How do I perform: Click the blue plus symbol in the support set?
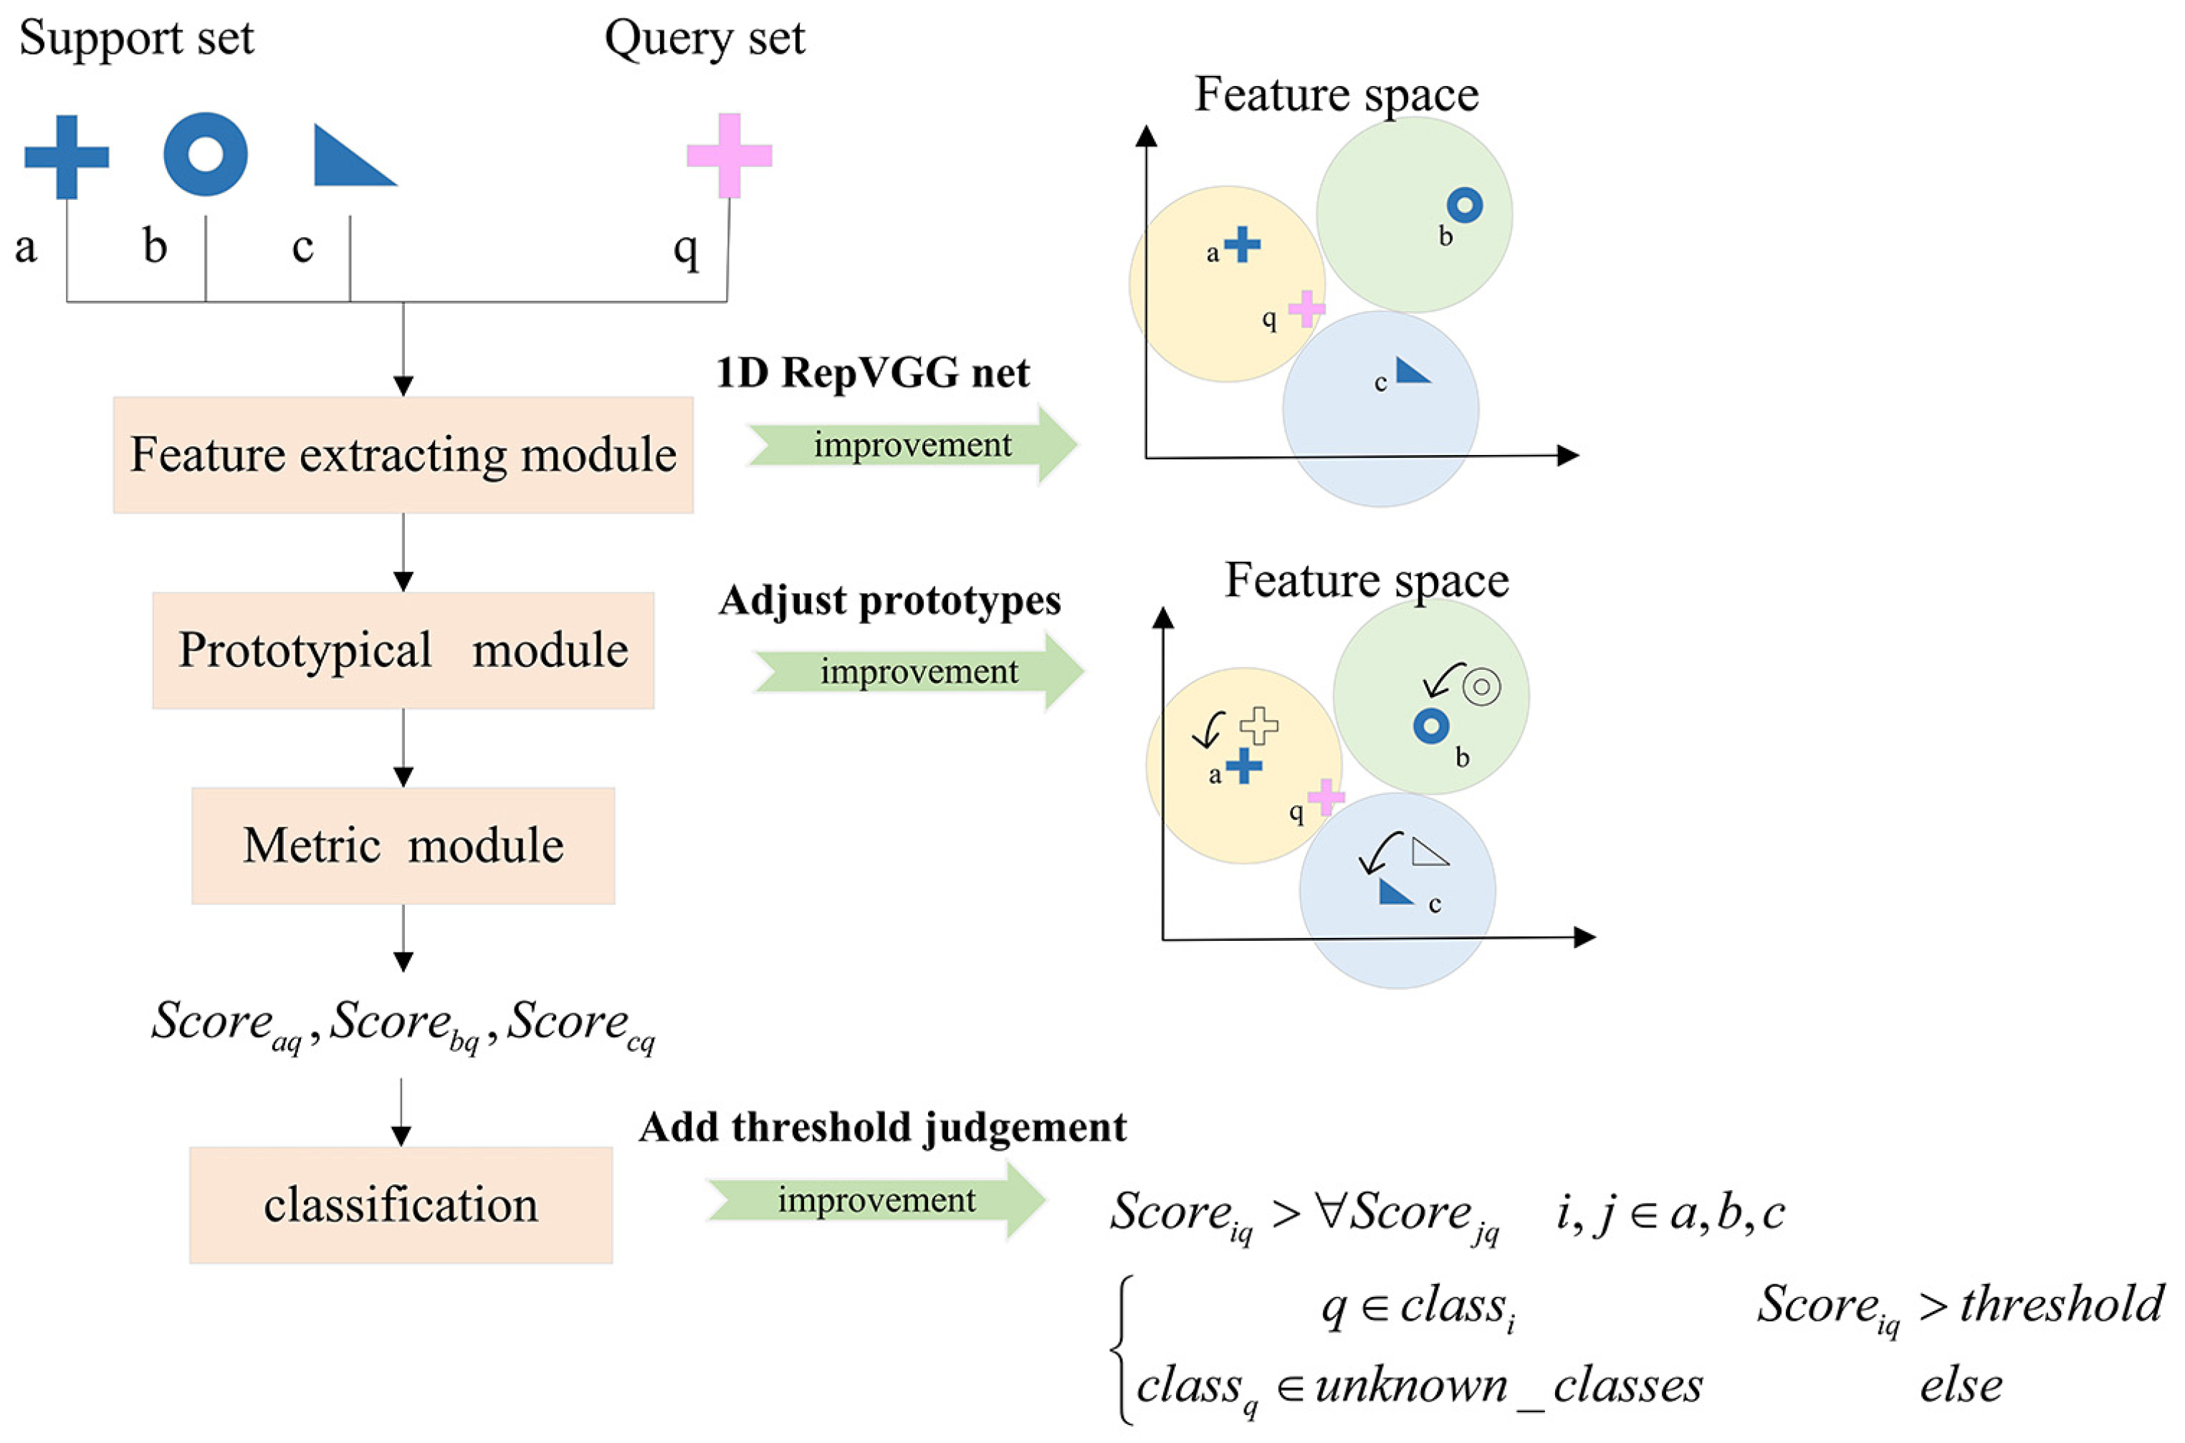(x=66, y=156)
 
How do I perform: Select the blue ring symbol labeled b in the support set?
(x=205, y=154)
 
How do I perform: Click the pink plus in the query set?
(x=729, y=155)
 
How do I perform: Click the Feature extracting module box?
(x=403, y=455)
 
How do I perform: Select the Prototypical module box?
(x=403, y=650)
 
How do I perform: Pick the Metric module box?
(x=403, y=845)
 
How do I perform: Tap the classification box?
(x=401, y=1204)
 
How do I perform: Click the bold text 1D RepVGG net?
(x=873, y=373)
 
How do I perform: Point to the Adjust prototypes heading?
(x=889, y=600)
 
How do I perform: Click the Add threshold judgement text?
(x=881, y=1126)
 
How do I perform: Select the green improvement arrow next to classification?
(x=876, y=1200)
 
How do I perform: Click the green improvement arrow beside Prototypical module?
(x=919, y=671)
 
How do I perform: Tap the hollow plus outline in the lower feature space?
(x=1258, y=725)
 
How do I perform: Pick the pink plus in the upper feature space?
(x=1305, y=310)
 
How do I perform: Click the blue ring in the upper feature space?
(x=1464, y=204)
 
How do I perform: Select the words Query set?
(x=704, y=39)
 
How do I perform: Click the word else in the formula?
(x=1961, y=1386)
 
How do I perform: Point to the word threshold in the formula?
(x=2062, y=1304)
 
